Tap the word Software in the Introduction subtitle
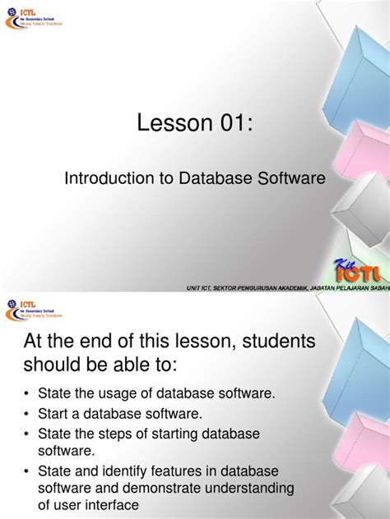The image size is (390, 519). coord(293,177)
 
